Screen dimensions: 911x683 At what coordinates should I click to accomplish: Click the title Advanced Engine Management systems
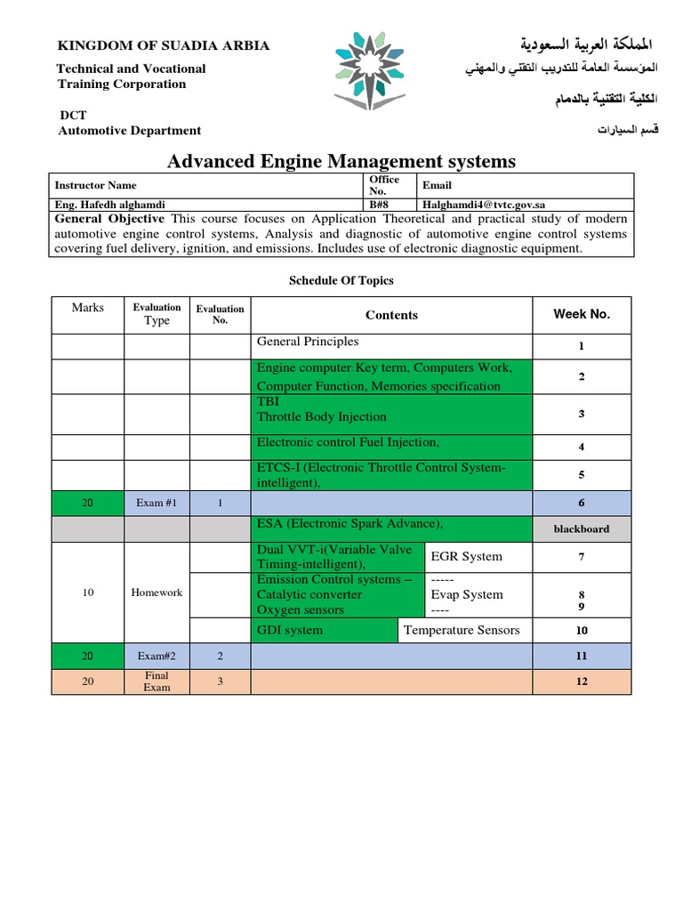tap(341, 161)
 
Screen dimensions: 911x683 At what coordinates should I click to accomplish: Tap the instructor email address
tap(496, 204)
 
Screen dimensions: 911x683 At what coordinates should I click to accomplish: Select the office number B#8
tap(378, 204)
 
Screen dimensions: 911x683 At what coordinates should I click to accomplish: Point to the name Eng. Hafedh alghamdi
tap(110, 204)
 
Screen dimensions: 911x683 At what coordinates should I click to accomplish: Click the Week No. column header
tap(582, 314)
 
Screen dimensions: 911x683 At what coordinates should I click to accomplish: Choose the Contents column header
tap(391, 315)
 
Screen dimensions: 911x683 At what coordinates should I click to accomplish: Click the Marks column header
tap(88, 308)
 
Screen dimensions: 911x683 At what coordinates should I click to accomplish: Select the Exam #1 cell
tap(157, 503)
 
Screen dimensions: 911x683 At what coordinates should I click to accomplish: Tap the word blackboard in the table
tap(582, 528)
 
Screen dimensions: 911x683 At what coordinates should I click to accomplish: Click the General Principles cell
tap(308, 342)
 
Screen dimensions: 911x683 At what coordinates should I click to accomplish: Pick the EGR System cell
tap(466, 557)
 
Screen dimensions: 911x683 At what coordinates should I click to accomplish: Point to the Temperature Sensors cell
tap(462, 630)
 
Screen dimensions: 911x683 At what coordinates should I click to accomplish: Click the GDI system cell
tap(290, 630)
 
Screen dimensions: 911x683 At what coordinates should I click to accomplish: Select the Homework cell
tap(157, 593)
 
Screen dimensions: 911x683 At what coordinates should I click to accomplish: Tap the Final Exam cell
tap(157, 681)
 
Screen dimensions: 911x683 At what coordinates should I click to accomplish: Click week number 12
tap(582, 681)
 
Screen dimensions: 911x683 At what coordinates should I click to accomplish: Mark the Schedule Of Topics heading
tap(341, 280)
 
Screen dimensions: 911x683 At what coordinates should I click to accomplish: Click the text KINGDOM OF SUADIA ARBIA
tap(164, 45)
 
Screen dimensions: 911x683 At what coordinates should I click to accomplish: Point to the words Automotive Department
tap(130, 131)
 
